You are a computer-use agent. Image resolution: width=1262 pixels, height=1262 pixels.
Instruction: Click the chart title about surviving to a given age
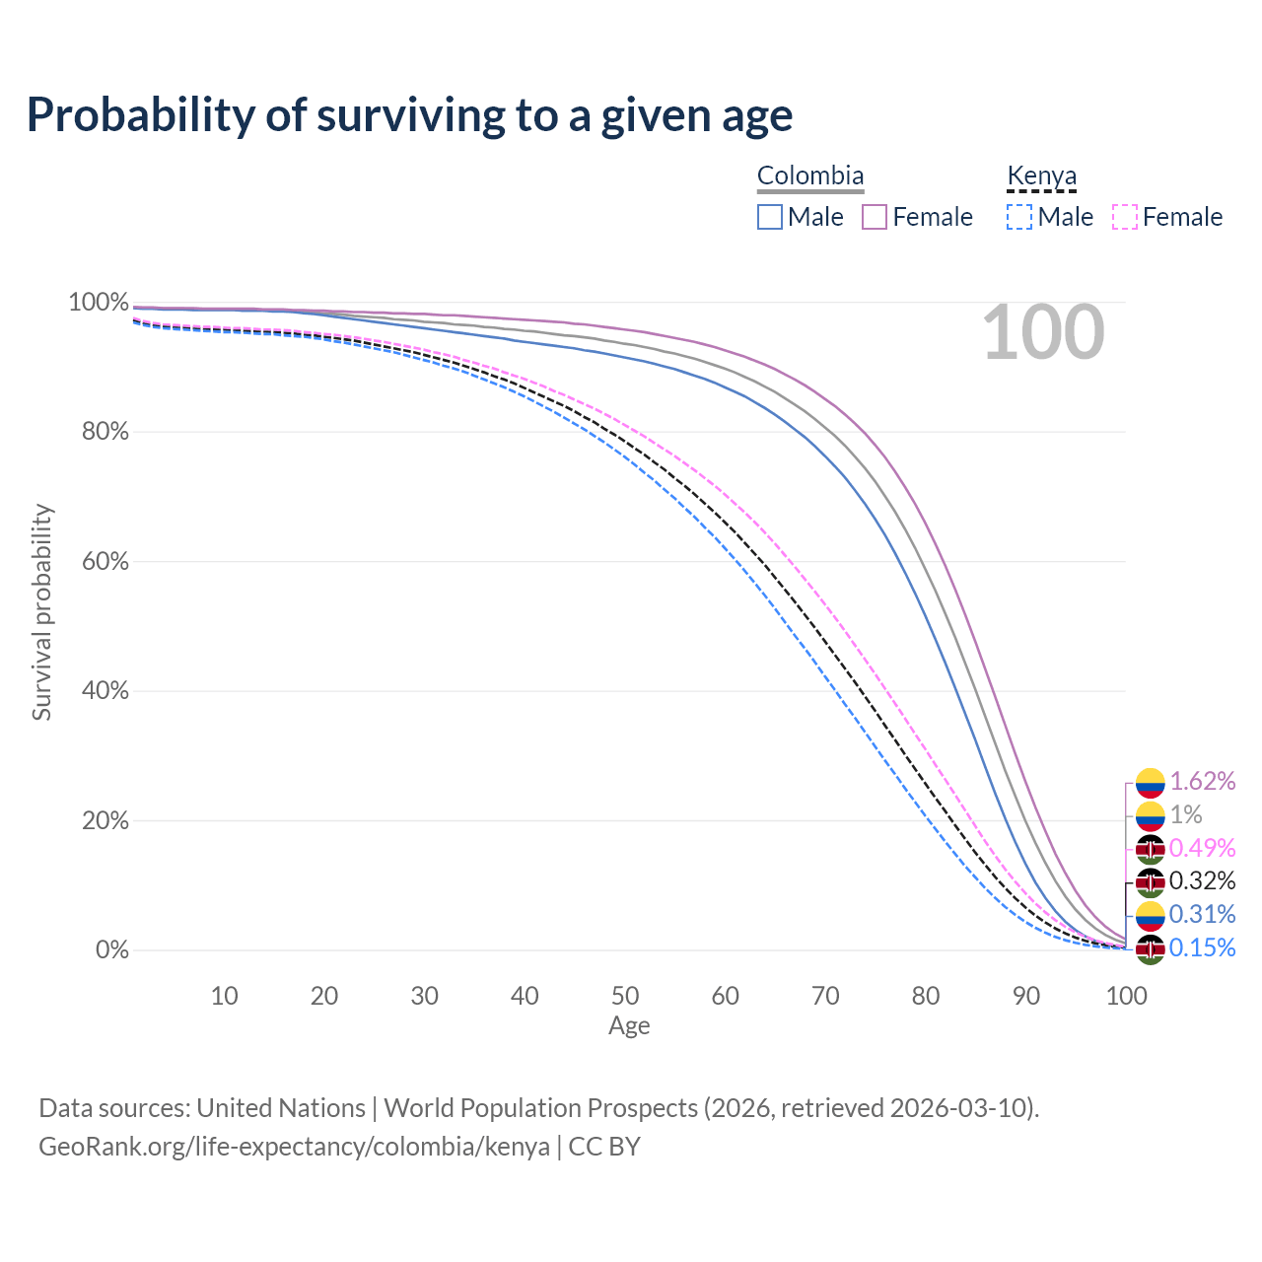pos(409,115)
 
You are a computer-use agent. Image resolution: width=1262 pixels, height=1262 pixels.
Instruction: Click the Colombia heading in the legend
pos(810,176)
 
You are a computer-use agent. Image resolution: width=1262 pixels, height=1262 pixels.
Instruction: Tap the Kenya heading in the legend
pos(1041,176)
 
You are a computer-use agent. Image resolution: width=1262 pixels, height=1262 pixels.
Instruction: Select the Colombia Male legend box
pos(770,217)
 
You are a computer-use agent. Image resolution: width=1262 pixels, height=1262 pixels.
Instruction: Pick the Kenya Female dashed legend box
pos(1125,217)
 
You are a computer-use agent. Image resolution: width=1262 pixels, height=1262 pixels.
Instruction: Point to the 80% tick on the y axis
pos(99,432)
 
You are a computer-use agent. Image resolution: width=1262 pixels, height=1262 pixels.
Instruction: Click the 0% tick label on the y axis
pos(111,950)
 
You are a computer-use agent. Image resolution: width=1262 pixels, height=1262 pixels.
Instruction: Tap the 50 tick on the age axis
pos(625,996)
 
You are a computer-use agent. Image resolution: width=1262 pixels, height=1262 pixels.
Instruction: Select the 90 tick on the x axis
pos(1026,996)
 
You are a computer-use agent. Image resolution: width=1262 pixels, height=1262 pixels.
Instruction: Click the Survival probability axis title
pos(41,612)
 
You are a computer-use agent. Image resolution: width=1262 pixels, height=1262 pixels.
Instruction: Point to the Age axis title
pos(629,1026)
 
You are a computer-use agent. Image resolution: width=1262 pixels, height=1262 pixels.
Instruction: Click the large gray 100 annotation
pos(1043,332)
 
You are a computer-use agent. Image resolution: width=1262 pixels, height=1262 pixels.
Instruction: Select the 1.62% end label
pos(1202,782)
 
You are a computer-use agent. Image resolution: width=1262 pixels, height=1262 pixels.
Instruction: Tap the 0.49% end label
pos(1202,848)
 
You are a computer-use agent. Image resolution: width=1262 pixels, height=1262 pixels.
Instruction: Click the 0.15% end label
pos(1202,947)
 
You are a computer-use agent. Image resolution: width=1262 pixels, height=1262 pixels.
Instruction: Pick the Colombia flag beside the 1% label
pos(1150,815)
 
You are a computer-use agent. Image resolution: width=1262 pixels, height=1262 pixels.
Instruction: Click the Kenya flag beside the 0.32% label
pos(1150,881)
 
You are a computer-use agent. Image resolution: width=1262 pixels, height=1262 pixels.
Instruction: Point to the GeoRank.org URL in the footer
pos(294,1147)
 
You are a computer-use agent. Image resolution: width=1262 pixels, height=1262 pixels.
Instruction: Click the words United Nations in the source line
pos(281,1108)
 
